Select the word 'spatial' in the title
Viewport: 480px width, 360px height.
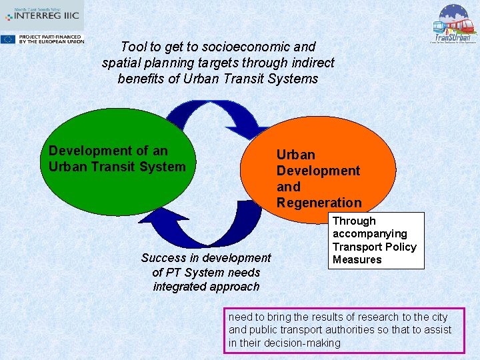point(122,63)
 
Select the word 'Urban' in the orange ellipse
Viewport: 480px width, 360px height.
point(295,155)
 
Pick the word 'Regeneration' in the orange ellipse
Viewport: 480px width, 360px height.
point(319,203)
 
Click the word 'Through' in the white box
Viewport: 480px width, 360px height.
point(354,221)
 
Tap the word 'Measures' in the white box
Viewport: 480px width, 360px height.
point(357,259)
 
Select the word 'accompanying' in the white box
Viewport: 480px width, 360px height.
point(369,233)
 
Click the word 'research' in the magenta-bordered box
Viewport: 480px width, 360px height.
point(367,317)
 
